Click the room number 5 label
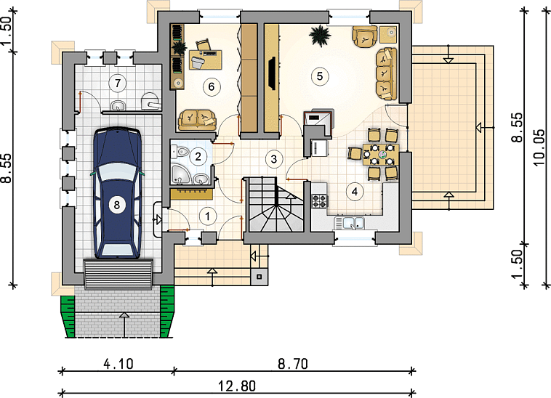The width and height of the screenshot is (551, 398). [x=319, y=76]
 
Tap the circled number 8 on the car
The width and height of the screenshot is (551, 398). [x=116, y=204]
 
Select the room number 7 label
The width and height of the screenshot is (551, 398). [x=117, y=84]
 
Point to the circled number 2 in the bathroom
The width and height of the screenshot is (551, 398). [x=198, y=156]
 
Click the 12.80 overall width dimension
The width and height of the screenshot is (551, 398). [x=237, y=386]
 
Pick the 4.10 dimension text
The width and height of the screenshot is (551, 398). [x=118, y=364]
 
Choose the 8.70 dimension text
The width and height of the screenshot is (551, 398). [x=293, y=364]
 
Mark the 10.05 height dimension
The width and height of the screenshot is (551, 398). [x=539, y=148]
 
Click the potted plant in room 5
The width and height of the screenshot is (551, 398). [x=320, y=35]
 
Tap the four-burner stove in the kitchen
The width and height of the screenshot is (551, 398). [x=319, y=201]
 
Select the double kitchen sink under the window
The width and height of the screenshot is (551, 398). [x=349, y=223]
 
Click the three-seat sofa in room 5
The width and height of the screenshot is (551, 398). [x=386, y=74]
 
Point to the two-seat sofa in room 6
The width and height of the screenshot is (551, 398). [x=197, y=120]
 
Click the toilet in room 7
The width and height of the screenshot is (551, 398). [x=150, y=101]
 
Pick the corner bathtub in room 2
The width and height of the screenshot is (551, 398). [x=181, y=174]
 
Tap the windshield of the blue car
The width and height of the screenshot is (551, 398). [x=116, y=173]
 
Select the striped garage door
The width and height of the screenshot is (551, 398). [x=118, y=274]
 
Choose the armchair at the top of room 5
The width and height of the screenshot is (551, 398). [x=364, y=36]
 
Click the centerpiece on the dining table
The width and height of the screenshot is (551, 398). [x=382, y=154]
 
